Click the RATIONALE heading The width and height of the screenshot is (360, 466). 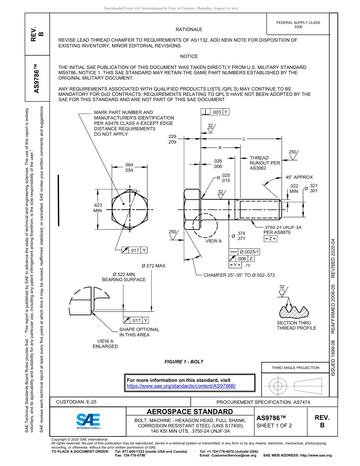pos(189,30)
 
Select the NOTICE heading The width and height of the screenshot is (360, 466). pos(189,56)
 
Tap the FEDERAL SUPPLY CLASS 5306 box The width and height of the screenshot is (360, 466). pos(298,25)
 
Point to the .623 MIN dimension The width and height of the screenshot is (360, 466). pos(98,208)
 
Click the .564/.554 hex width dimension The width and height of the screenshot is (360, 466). pos(129,167)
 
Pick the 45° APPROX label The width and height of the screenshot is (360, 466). pos(299,177)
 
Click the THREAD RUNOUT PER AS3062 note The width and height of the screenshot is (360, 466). pos(265,163)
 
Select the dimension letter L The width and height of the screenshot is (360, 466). pos(244,139)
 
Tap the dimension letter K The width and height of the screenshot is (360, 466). pos(220,148)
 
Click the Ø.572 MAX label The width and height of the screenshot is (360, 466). pos(153,266)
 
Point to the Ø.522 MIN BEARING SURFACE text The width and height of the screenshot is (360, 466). pos(124,277)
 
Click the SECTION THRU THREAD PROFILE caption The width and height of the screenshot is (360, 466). pos(296,325)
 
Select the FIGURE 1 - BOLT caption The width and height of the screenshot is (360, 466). pos(184,362)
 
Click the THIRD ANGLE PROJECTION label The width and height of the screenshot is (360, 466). pos(295,367)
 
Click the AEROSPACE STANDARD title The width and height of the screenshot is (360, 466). pos(190,412)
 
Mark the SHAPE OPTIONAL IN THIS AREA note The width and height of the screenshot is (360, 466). pos(139,332)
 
